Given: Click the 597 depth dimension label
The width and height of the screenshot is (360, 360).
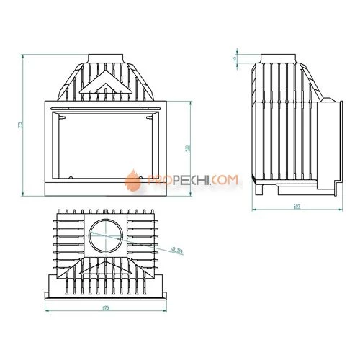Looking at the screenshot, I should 297,207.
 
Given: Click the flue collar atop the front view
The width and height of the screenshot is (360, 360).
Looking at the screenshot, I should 107,58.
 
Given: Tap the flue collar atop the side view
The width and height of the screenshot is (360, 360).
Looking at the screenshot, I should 282,58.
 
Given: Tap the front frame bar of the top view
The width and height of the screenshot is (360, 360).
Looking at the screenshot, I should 107,294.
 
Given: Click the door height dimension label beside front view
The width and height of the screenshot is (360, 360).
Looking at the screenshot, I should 187,148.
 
